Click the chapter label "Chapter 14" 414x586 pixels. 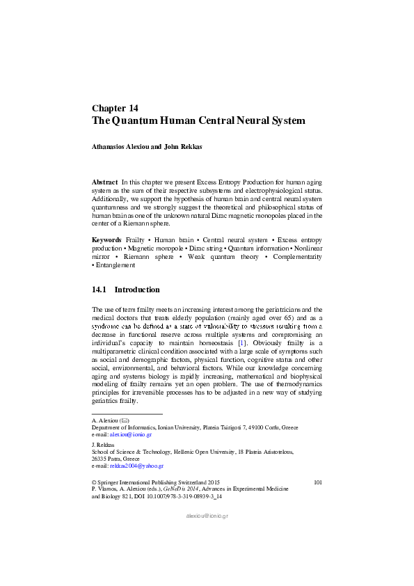[115, 108]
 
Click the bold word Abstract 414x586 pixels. [104, 182]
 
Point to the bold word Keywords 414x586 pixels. [106, 239]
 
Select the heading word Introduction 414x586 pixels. [137, 290]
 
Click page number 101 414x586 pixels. [318, 482]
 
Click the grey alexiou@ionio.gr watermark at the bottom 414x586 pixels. [207, 516]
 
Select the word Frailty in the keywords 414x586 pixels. [135, 239]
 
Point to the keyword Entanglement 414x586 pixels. [116, 265]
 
